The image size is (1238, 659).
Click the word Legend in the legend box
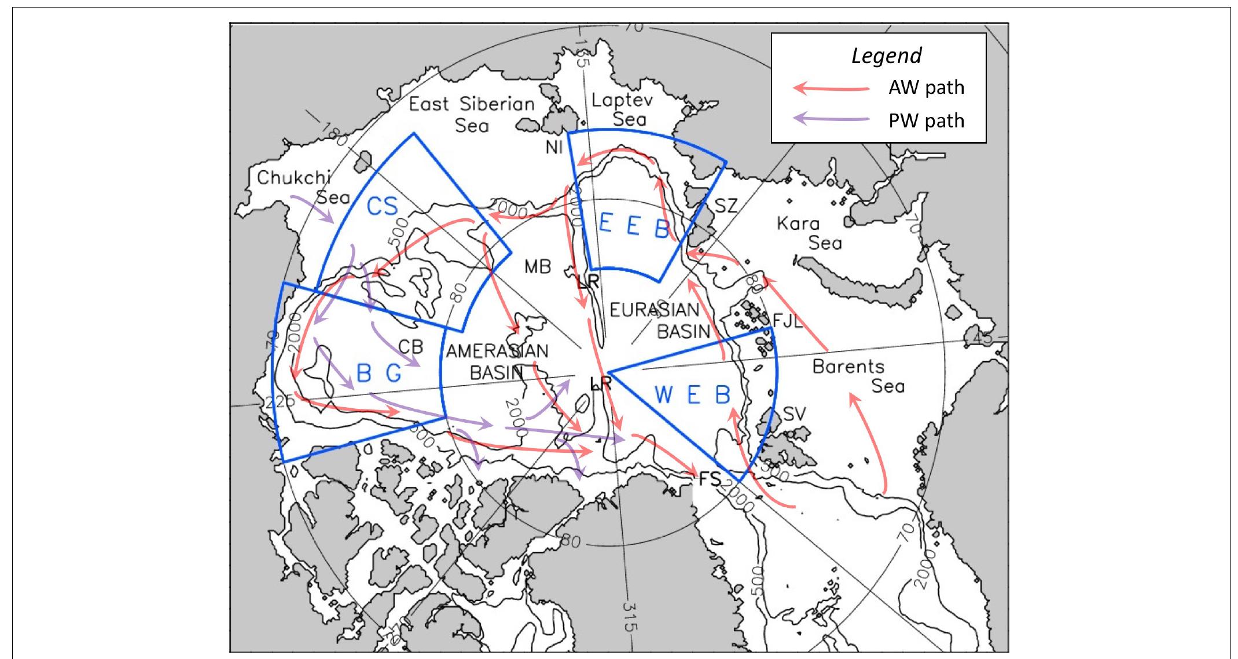pos(886,56)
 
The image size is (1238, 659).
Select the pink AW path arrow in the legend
pos(831,88)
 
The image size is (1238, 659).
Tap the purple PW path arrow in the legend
pos(831,119)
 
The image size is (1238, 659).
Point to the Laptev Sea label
pos(622,109)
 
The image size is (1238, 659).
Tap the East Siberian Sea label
pos(471,114)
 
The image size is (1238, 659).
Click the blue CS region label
pos(382,206)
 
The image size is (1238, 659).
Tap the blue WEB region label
pos(692,395)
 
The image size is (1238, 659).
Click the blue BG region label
pos(379,374)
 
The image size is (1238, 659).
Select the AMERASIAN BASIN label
pos(497,361)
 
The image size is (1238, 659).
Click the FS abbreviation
pos(710,479)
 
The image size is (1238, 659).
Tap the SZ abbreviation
pos(726,206)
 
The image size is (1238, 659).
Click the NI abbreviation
pos(554,148)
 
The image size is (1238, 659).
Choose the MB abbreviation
pos(537,267)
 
